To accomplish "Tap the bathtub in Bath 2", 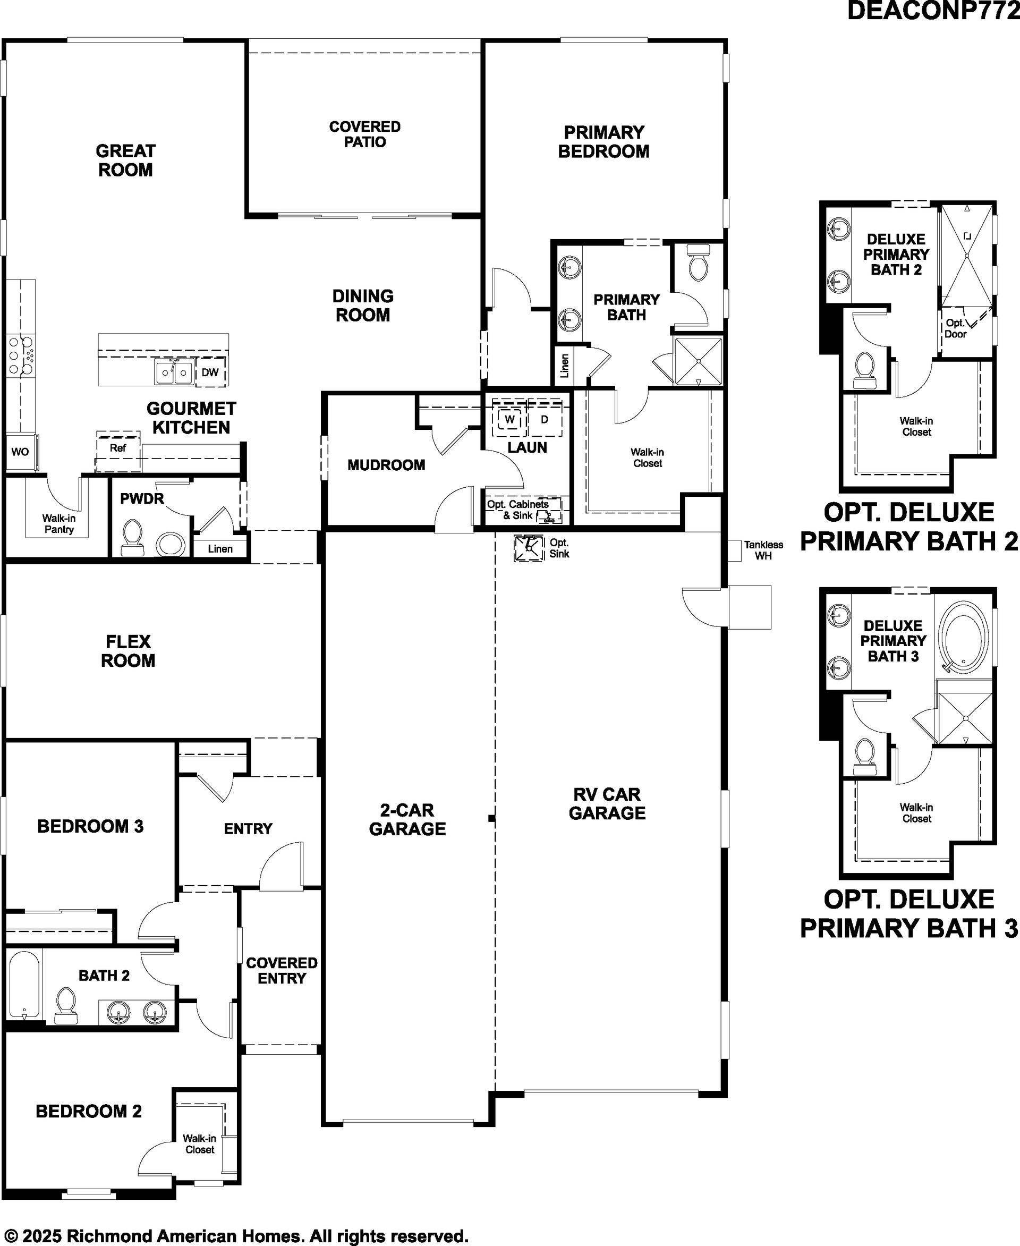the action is [24, 986].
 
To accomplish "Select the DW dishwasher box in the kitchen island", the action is [210, 372].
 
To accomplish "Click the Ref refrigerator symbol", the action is [118, 451].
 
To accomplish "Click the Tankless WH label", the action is [763, 550].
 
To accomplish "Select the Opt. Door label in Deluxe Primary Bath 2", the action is [955, 328].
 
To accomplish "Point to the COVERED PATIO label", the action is [365, 134].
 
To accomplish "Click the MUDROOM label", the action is [386, 465].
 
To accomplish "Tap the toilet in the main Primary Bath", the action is [698, 262].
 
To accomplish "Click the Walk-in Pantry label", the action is [59, 524].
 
